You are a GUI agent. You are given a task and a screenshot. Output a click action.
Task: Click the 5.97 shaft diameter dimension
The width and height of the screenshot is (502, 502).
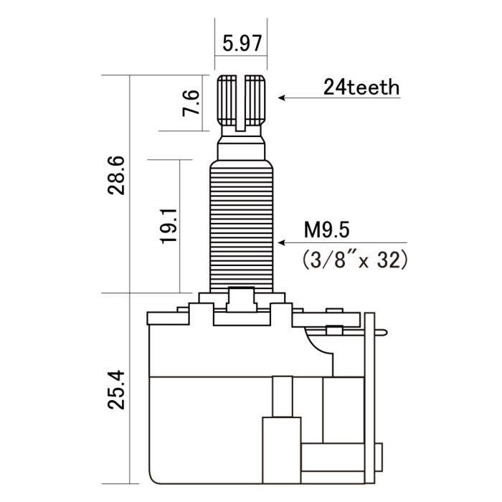[241, 44]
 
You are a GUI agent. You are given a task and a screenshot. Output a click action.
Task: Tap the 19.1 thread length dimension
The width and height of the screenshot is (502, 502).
[169, 227]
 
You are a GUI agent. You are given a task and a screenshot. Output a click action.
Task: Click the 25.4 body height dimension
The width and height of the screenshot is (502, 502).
[118, 389]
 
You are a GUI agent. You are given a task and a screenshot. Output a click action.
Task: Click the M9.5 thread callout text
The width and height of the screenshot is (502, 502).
[326, 230]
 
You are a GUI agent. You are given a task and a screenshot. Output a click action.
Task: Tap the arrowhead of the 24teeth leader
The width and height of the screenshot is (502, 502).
[282, 98]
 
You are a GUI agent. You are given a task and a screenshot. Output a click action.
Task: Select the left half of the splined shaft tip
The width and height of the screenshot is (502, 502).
[227, 100]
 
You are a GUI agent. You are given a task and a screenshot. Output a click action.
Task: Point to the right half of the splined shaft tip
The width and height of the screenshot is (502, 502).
[256, 100]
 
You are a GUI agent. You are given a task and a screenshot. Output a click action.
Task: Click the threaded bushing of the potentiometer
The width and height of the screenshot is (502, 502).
[242, 222]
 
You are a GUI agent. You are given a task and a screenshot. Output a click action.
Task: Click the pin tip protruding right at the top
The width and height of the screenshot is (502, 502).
[387, 331]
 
